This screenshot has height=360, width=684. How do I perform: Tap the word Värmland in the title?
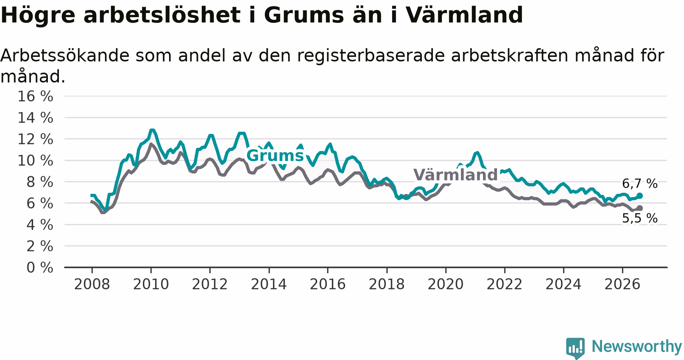coord(464,15)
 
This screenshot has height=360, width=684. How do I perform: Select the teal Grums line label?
coord(275,156)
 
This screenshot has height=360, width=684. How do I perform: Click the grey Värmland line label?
coord(455,175)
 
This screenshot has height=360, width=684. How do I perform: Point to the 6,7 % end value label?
coord(640,184)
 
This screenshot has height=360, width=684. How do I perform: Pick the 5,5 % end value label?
coord(640,218)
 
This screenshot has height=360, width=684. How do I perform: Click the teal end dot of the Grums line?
coord(640,196)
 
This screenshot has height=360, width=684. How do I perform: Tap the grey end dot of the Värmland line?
coord(640,208)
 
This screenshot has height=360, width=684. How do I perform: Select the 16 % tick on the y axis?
coord(35,96)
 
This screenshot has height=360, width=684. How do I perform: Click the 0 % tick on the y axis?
coord(40,268)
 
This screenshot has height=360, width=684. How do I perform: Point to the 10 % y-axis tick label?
coord(35,161)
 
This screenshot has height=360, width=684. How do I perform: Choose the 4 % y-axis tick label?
coord(40,225)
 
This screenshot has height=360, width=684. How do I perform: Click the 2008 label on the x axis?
coord(92,284)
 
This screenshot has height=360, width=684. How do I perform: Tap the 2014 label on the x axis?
coord(269,284)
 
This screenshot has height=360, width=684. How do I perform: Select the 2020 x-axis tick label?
coord(446,284)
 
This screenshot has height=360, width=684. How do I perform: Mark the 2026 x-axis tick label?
coord(622,284)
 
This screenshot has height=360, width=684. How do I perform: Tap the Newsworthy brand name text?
coord(637,346)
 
